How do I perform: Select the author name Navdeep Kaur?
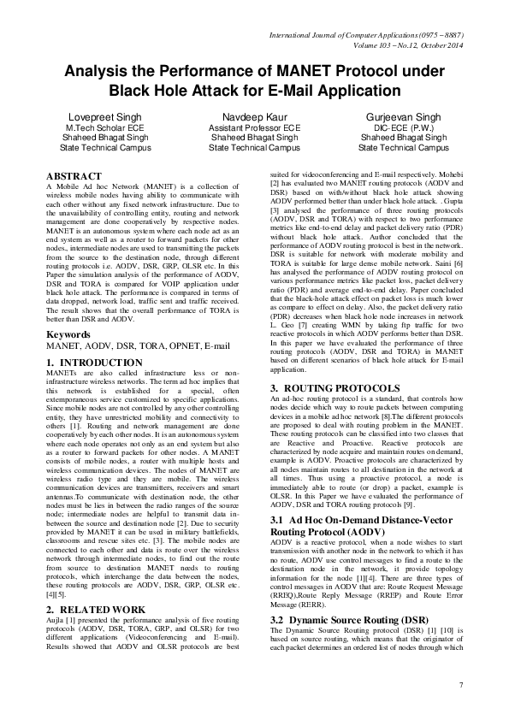[255, 116]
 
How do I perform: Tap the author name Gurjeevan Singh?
[404, 116]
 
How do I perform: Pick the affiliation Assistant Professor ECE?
[255, 127]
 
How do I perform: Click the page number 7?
[461, 685]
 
